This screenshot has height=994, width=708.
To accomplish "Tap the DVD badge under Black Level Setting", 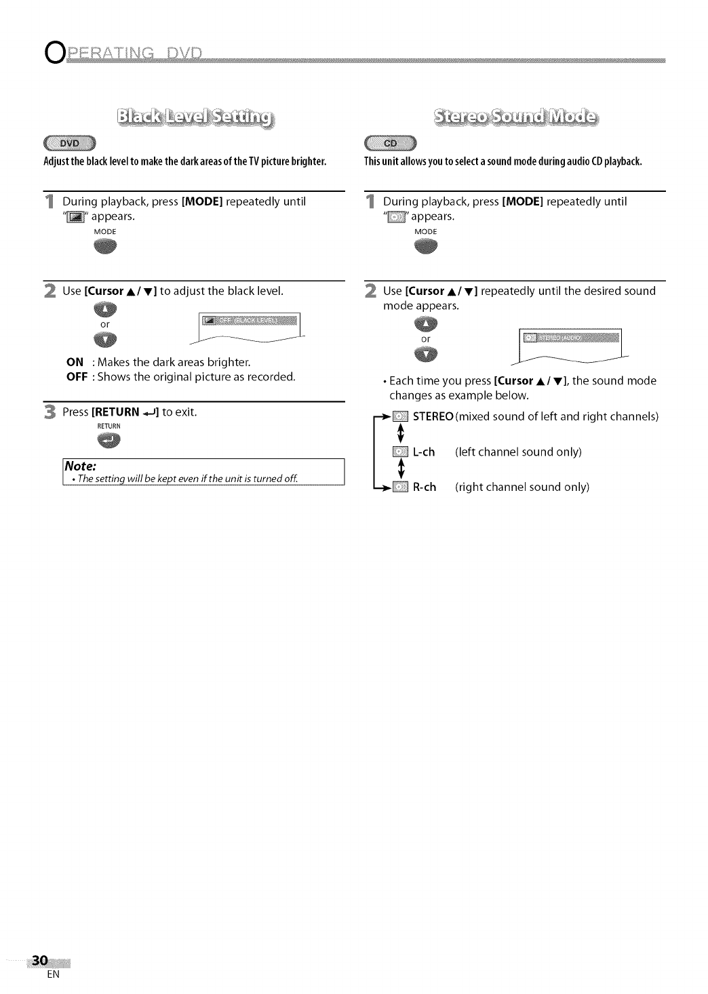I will pyautogui.click(x=71, y=143).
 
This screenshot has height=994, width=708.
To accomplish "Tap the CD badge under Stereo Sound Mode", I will pyautogui.click(x=391, y=143).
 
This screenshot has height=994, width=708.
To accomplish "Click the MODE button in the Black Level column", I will pyautogui.click(x=105, y=246).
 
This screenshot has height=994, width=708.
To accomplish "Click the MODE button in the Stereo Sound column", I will pyautogui.click(x=426, y=246).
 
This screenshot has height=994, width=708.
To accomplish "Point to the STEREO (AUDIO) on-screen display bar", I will pyautogui.click(x=570, y=336).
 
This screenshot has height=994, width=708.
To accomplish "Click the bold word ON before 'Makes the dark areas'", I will pyautogui.click(x=75, y=362).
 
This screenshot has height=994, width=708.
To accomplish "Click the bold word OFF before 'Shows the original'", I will pyautogui.click(x=77, y=376).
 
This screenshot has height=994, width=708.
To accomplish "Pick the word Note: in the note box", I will pyautogui.click(x=81, y=466).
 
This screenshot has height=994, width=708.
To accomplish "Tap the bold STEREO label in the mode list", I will pyautogui.click(x=433, y=416).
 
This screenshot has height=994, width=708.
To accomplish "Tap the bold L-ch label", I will pyautogui.click(x=424, y=452).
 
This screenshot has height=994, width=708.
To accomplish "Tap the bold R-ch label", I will pyautogui.click(x=425, y=487).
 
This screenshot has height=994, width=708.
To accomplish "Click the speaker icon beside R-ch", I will pyautogui.click(x=400, y=487).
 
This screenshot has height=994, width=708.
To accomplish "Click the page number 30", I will pyautogui.click(x=40, y=961).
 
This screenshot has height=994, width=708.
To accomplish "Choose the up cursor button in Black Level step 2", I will pyautogui.click(x=106, y=311).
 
